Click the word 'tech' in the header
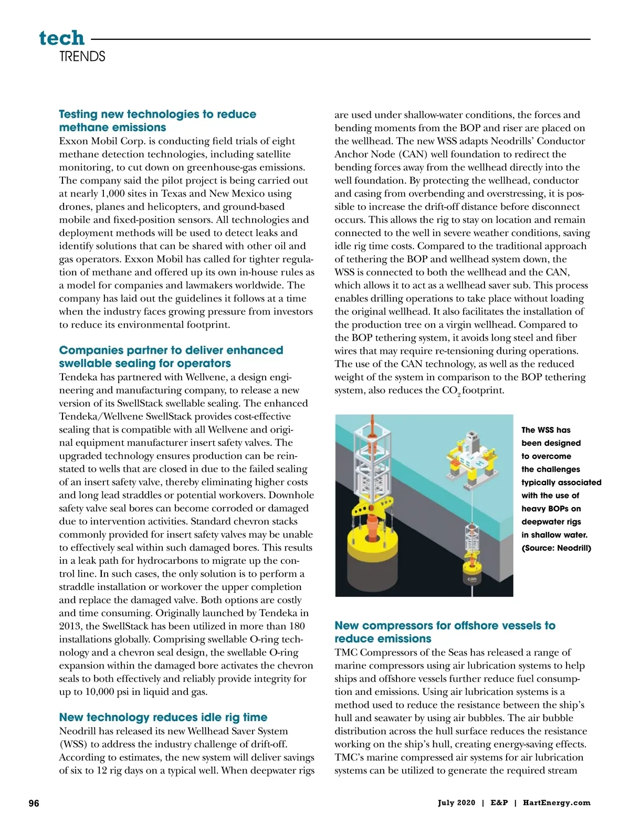(x=61, y=38)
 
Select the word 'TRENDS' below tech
(x=82, y=57)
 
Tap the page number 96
(x=34, y=803)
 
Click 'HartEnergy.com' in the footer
(x=556, y=803)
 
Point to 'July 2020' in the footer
(x=456, y=803)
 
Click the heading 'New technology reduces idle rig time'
(x=163, y=717)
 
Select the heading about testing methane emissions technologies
(x=157, y=121)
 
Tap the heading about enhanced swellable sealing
(x=171, y=357)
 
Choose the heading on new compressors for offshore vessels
(x=445, y=632)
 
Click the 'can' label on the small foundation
(x=472, y=580)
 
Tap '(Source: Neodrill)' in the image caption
(x=556, y=548)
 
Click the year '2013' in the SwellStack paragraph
(x=71, y=626)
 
